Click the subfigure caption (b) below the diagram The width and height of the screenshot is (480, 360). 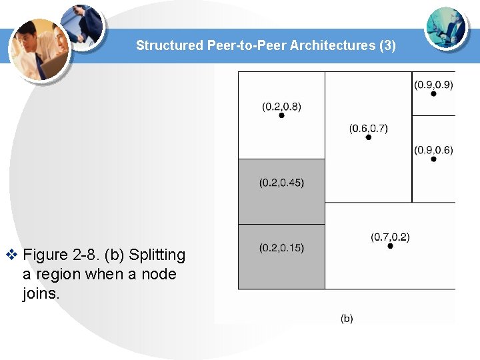pos(347,319)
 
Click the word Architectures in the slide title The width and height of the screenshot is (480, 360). pos(338,45)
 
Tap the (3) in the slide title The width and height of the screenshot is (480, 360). pos(387,45)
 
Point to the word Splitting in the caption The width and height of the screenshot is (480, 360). pos(157,255)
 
